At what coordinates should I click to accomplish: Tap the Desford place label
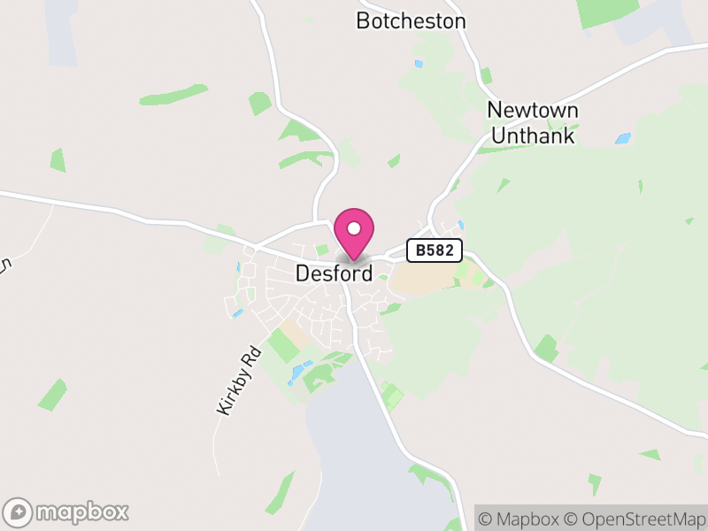pyautogui.click(x=334, y=273)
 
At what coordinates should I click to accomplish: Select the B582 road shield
pyautogui.click(x=435, y=250)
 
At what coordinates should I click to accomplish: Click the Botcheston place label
pyautogui.click(x=411, y=20)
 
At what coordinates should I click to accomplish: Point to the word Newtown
pyautogui.click(x=533, y=111)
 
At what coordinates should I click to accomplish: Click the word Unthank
pyautogui.click(x=533, y=136)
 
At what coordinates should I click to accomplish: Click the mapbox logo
pyautogui.click(x=67, y=512)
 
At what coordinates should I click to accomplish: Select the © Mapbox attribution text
pyautogui.click(x=519, y=518)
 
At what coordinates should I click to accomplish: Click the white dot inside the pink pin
pyautogui.click(x=354, y=227)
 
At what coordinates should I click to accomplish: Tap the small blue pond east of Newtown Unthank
pyautogui.click(x=623, y=139)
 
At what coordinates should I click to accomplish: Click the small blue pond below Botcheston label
pyautogui.click(x=419, y=64)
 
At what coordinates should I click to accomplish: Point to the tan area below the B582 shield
pyautogui.click(x=423, y=278)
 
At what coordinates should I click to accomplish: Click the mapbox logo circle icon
pyautogui.click(x=19, y=512)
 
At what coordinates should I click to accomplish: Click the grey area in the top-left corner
pyautogui.click(x=62, y=35)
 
